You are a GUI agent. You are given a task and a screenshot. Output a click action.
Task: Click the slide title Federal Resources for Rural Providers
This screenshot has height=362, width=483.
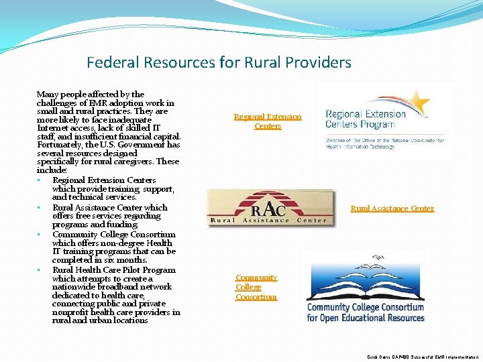click(x=219, y=63)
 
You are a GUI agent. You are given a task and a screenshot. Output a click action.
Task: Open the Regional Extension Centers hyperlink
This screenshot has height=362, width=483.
click(x=268, y=121)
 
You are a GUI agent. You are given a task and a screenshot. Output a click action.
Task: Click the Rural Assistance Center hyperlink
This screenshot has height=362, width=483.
click(x=392, y=208)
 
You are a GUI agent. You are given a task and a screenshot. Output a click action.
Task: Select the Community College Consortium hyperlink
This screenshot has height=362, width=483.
click(x=256, y=287)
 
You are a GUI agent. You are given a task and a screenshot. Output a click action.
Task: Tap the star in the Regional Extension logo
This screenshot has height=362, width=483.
click(x=419, y=103)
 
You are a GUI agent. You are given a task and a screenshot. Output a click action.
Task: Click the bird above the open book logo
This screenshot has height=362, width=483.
click(x=380, y=257)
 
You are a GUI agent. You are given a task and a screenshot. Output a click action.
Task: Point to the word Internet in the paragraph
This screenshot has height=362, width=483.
click(x=53, y=128)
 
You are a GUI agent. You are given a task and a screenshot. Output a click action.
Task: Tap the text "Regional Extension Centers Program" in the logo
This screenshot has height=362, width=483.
click(x=366, y=119)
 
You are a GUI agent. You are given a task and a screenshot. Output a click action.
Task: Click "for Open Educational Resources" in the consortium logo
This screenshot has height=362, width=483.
click(x=366, y=317)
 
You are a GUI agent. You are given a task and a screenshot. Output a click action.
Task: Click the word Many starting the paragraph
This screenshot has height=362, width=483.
click(x=48, y=95)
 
